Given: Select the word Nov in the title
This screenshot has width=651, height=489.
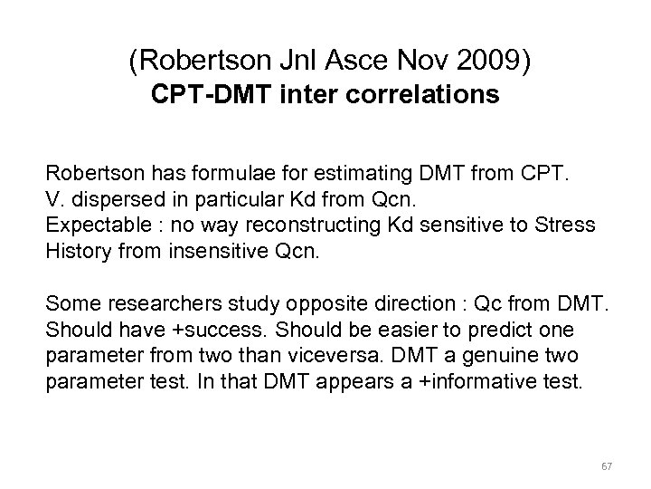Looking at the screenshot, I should tap(431, 62).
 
